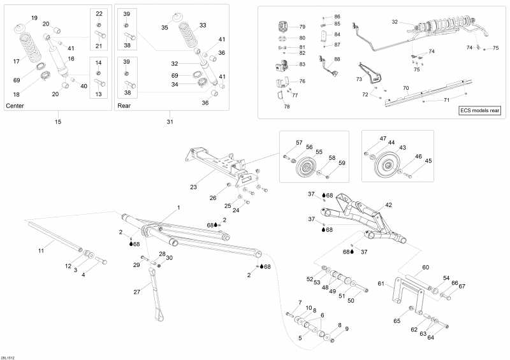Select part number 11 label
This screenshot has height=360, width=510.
pos(41,251)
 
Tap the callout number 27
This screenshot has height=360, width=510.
pos(136,292)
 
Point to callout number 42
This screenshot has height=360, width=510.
pos(388,205)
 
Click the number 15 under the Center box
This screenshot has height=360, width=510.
pos(58,121)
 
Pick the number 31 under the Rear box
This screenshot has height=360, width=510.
pos(170,121)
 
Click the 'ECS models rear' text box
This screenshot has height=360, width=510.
pos(480,110)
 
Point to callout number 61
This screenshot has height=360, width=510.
pos(381,284)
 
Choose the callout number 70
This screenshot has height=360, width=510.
pos(405,87)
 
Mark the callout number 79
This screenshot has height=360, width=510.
pos(302,27)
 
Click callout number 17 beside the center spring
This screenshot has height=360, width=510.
pos(17,61)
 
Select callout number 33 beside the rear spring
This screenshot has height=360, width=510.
pos(203,25)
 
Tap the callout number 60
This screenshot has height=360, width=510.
pos(425,267)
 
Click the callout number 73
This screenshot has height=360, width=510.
pos(359,79)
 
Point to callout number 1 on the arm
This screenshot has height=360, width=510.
pos(178,208)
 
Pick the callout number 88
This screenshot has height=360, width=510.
pos(337,59)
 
